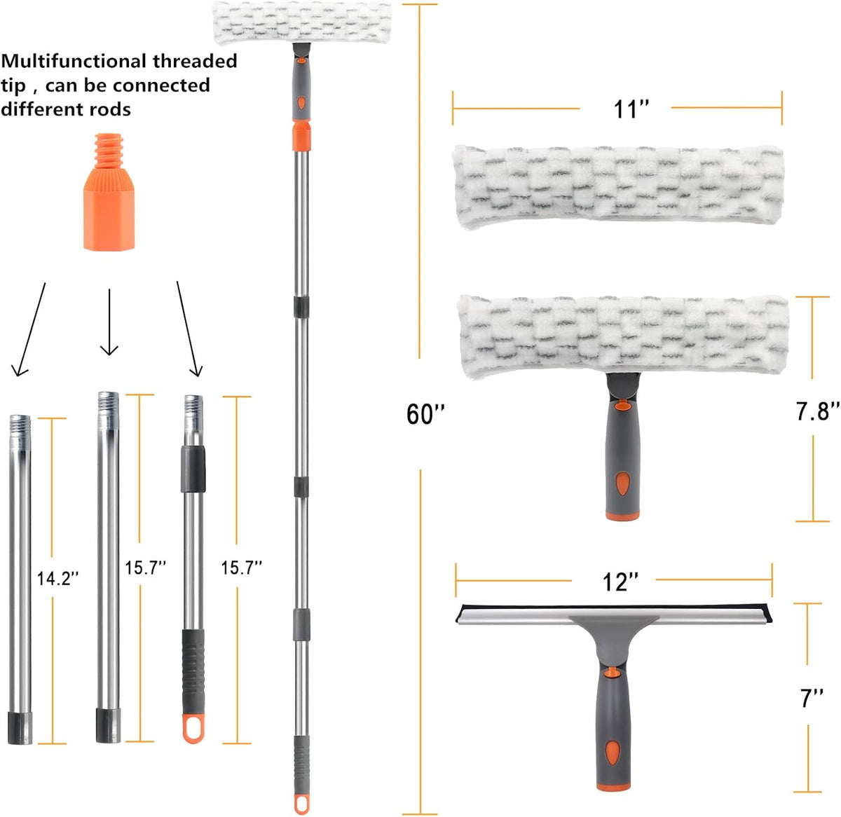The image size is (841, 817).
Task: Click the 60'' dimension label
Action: (x=425, y=414)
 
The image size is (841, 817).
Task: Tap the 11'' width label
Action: (x=631, y=109)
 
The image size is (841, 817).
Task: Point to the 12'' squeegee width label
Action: (x=621, y=582)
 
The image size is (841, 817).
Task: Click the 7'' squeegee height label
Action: (x=812, y=697)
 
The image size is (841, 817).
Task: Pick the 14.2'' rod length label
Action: (x=58, y=579)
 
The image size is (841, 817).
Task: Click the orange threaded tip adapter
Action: (x=109, y=192)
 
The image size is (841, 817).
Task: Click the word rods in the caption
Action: (x=110, y=109)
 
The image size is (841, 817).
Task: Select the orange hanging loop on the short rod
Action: (x=193, y=729)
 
